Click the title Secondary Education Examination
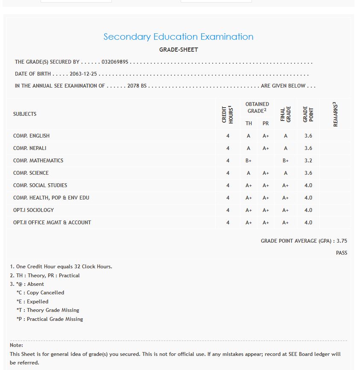click(x=179, y=37)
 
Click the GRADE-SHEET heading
click(x=179, y=50)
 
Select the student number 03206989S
click(x=115, y=62)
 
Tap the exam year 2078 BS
click(x=137, y=86)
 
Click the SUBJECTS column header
click(x=25, y=114)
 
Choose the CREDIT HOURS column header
click(x=228, y=114)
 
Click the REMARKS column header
click(x=335, y=114)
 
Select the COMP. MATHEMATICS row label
click(x=38, y=161)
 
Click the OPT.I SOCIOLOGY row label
click(x=33, y=210)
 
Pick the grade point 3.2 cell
click(x=308, y=161)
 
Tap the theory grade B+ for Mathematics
click(x=249, y=161)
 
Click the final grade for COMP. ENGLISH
click(x=286, y=136)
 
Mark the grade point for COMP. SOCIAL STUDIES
click(x=308, y=185)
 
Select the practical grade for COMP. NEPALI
click(x=266, y=148)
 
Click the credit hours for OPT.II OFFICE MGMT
click(x=228, y=223)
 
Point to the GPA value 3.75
click(x=342, y=241)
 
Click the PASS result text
click(x=342, y=253)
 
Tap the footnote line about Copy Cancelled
click(x=40, y=293)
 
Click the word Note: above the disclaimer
click(x=16, y=345)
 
